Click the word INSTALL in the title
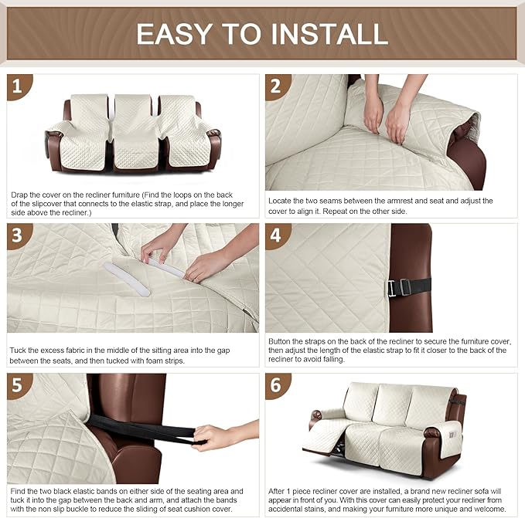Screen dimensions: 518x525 [x=320, y=33]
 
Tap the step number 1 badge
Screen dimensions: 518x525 [x=20, y=86]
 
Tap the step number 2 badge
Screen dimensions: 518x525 [x=278, y=86]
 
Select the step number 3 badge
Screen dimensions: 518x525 [x=20, y=236]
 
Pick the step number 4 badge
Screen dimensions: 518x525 [x=278, y=236]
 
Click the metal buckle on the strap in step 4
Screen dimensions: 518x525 [x=400, y=286]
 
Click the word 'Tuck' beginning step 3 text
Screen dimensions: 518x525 [x=19, y=350]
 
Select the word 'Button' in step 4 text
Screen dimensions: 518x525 [x=280, y=340]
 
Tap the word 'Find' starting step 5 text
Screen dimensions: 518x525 [x=19, y=490]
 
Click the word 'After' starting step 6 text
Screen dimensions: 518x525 [x=279, y=490]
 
